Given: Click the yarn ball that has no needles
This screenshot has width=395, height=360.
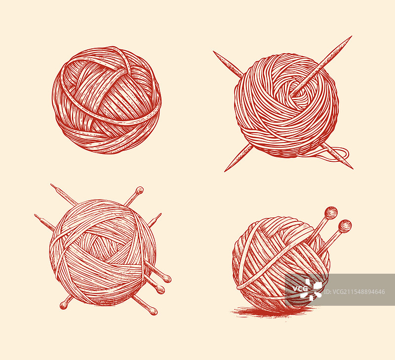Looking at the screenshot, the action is [x=107, y=100].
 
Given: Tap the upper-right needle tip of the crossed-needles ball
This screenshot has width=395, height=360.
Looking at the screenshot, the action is [x=352, y=36].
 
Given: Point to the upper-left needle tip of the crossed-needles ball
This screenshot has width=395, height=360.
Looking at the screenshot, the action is [x=214, y=52].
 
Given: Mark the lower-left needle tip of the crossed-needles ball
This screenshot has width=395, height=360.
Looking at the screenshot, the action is [x=225, y=171].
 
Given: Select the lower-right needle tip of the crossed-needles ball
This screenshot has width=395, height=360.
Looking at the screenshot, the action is [x=353, y=168].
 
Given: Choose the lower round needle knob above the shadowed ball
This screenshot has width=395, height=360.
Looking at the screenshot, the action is [x=345, y=226].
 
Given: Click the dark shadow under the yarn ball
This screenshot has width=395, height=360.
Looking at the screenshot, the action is [x=272, y=312].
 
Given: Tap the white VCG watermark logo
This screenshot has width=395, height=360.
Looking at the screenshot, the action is [x=307, y=289].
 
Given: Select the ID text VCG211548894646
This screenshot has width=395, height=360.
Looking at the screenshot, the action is [x=354, y=292].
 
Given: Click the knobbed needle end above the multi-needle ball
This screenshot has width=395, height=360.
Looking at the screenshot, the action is [x=139, y=190].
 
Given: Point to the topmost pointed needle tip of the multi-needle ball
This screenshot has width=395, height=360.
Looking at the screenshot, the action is [x=51, y=184].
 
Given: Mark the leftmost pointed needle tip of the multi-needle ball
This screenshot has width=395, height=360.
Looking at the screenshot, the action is [x=35, y=215].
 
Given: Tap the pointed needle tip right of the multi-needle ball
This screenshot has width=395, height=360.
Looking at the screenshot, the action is [x=160, y=214].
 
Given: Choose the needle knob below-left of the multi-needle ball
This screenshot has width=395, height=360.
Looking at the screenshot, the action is [x=63, y=306].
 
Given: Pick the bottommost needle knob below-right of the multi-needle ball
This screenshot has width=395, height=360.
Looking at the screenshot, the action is [x=154, y=312].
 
